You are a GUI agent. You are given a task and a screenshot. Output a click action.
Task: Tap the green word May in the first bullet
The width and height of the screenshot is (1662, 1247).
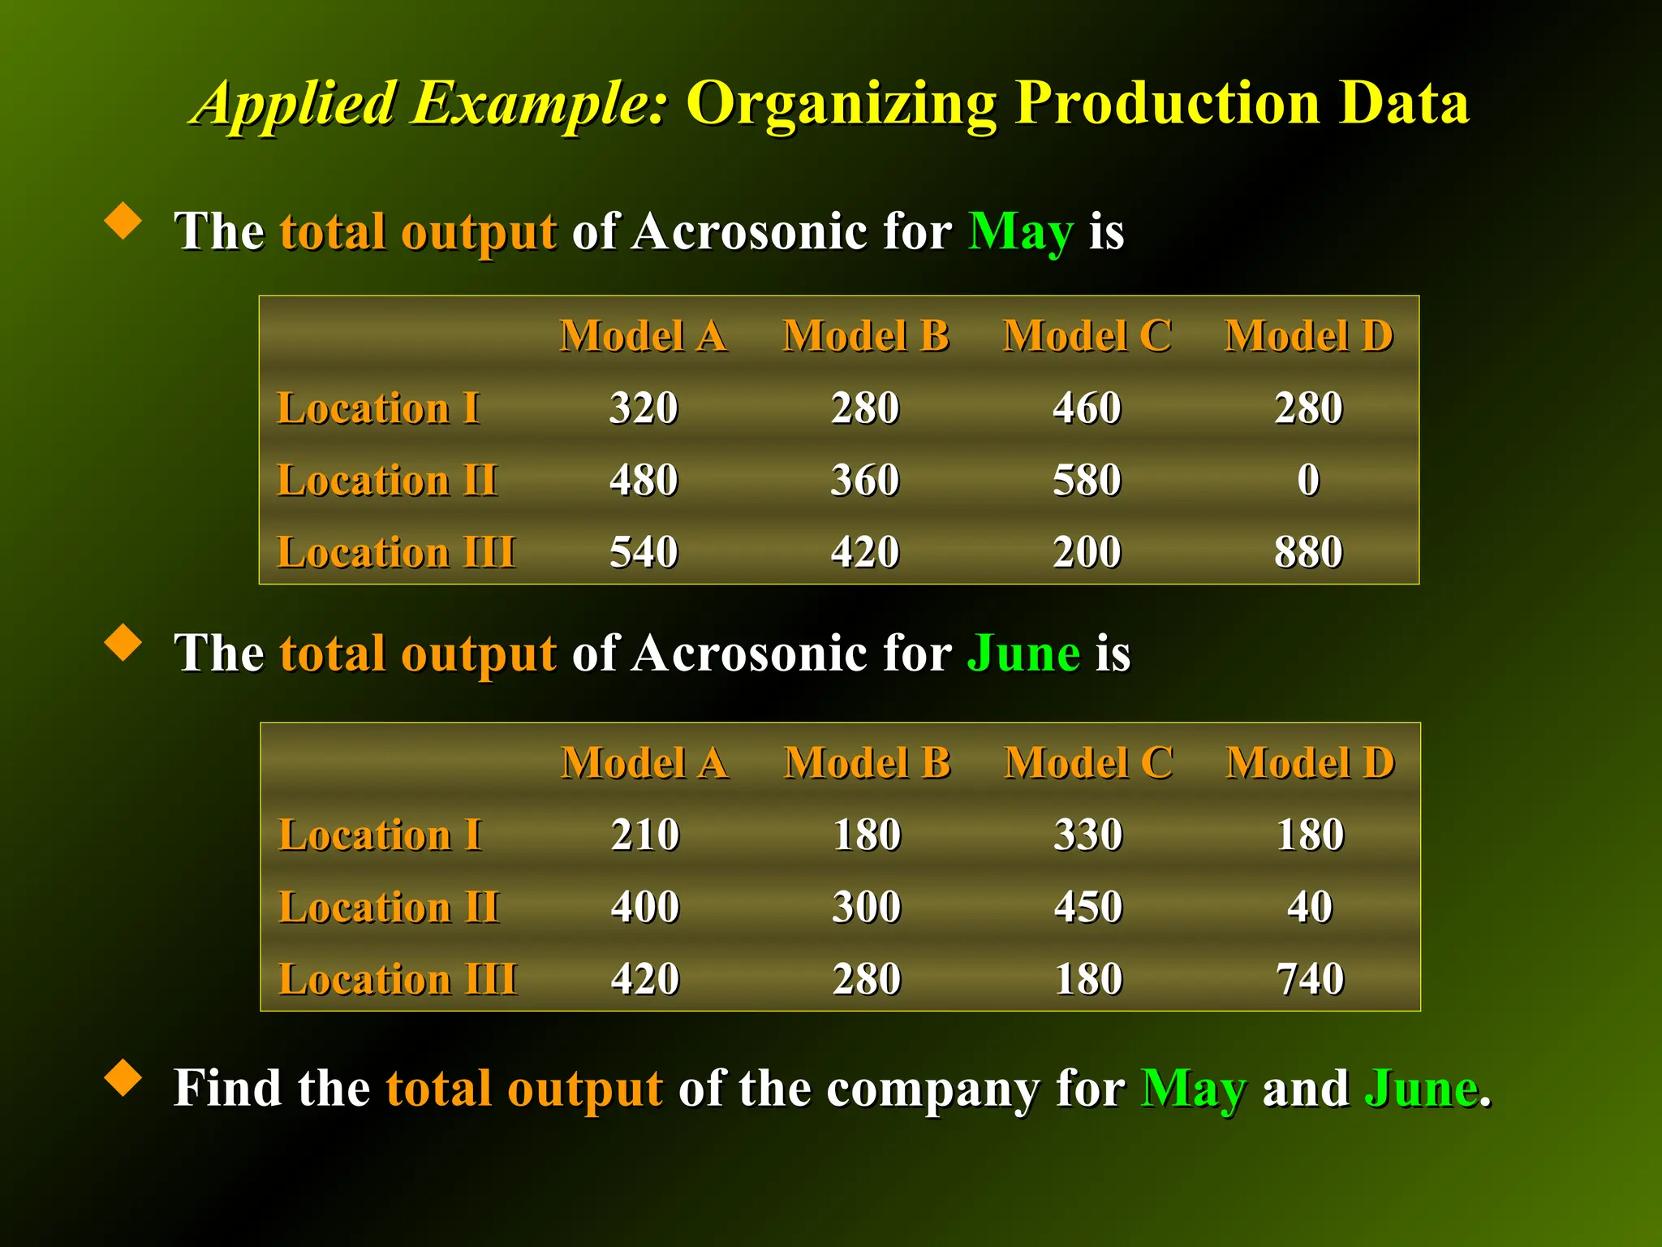click(x=1021, y=232)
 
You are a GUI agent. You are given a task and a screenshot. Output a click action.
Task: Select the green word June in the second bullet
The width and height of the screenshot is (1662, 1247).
click(x=1023, y=654)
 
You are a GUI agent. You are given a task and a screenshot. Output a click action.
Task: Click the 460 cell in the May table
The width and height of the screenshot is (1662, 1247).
click(x=1087, y=408)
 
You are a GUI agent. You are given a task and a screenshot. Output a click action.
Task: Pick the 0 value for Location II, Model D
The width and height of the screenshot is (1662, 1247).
click(x=1308, y=480)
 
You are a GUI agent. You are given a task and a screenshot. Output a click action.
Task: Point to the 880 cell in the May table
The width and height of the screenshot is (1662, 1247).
click(x=1308, y=552)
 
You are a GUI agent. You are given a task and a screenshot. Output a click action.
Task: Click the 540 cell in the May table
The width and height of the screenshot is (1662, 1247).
click(x=644, y=552)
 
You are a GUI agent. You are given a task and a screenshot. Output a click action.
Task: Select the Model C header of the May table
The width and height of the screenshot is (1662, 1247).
click(x=1087, y=336)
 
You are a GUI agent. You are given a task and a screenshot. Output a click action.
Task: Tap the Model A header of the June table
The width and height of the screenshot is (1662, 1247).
click(x=645, y=763)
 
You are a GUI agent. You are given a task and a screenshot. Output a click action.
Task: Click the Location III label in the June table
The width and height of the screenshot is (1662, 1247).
click(x=397, y=979)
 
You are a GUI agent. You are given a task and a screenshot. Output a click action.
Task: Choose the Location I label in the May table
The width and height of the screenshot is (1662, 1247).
click(x=378, y=408)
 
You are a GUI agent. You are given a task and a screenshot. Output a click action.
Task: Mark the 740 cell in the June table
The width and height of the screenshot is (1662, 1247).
click(x=1310, y=979)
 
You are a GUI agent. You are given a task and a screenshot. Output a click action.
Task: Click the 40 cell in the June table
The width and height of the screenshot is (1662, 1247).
click(x=1310, y=907)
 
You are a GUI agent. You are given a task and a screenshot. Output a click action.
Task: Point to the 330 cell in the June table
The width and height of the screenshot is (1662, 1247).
click(x=1088, y=835)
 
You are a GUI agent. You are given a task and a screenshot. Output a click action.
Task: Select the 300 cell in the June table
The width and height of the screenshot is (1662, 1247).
click(x=867, y=907)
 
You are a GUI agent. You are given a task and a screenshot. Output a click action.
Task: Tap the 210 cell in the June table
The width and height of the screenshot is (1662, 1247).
click(x=645, y=835)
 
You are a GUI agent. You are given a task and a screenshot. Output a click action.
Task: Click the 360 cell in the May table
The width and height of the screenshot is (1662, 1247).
click(x=865, y=480)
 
